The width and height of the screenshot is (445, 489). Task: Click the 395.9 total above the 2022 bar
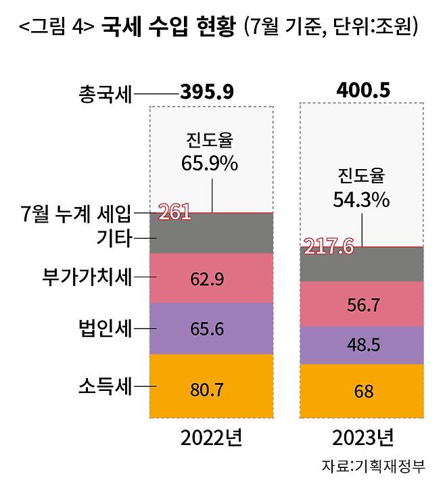pyautogui.click(x=206, y=92)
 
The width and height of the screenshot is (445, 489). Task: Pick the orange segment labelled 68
pyautogui.click(x=362, y=391)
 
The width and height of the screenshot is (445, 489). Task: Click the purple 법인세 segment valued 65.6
pyautogui.click(x=211, y=329)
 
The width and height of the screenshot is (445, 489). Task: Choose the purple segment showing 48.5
pyautogui.click(x=362, y=345)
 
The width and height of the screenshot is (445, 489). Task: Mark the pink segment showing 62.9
pyautogui.click(x=211, y=278)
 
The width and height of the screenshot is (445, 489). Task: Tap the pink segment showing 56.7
pyautogui.click(x=362, y=304)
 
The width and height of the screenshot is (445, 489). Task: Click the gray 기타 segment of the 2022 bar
pyautogui.click(x=211, y=234)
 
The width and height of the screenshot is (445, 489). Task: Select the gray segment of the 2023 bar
pyautogui.click(x=362, y=264)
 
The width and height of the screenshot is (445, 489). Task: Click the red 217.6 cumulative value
pyautogui.click(x=329, y=246)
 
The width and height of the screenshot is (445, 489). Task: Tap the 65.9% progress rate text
pyautogui.click(x=210, y=162)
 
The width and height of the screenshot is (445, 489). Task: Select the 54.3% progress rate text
pyautogui.click(x=361, y=199)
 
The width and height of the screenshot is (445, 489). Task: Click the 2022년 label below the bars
pyautogui.click(x=211, y=439)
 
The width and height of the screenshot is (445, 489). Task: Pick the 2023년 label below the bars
pyautogui.click(x=362, y=439)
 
